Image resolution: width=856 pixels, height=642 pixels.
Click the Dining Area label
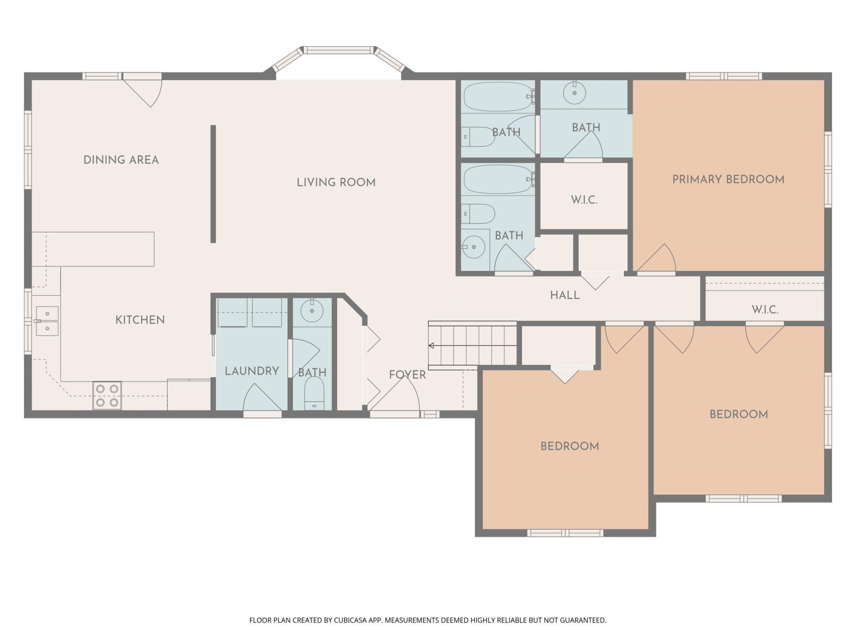pos(121,160)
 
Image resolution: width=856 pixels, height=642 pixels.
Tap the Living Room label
pos(336,182)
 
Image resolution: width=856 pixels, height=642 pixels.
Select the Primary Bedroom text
pos(728,179)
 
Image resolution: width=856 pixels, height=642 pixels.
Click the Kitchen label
pos(140,320)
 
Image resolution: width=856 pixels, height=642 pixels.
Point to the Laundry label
pos(252,371)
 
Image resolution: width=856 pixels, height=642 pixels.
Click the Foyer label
pos(407,374)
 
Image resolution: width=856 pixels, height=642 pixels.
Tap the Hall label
pos(565,295)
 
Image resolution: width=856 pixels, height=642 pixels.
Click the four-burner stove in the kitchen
pos(107,395)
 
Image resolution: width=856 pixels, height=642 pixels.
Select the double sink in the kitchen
pos(47,321)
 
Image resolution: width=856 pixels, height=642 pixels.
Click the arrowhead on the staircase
pos(431,345)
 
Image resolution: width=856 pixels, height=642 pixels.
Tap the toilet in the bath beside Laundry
pos(314,393)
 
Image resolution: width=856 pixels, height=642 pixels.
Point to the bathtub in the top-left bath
pos(498,96)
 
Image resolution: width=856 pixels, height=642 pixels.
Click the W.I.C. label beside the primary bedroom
pos(584,200)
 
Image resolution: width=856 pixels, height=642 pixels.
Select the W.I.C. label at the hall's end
pos(765,310)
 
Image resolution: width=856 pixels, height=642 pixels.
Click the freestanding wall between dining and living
pos(213,184)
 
